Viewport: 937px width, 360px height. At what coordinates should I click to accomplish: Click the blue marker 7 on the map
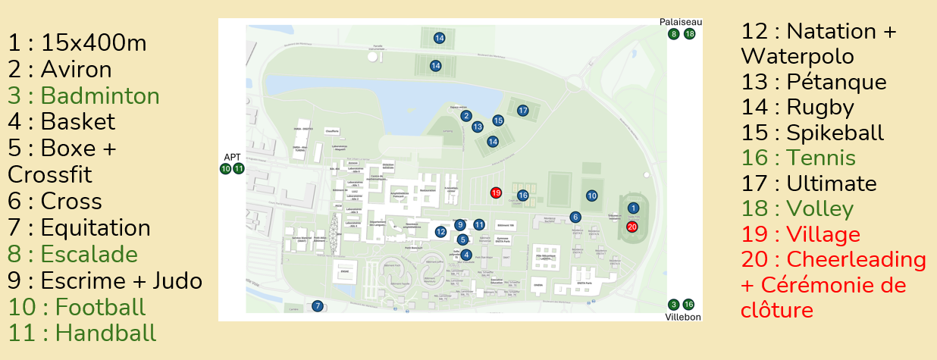(318, 306)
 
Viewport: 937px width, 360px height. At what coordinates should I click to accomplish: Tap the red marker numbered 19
(496, 193)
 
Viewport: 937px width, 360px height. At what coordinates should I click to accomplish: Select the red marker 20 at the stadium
(632, 226)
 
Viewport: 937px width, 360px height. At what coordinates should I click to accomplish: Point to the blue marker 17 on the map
(522, 111)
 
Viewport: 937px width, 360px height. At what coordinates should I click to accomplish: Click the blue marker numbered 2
(467, 116)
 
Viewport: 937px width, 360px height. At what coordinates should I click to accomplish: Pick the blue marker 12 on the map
(440, 231)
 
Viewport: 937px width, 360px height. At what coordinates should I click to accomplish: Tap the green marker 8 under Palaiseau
(673, 34)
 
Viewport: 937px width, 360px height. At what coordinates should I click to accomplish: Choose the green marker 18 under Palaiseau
(689, 34)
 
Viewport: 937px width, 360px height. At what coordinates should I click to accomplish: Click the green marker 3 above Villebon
(674, 304)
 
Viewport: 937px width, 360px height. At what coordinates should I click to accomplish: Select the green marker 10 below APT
(225, 168)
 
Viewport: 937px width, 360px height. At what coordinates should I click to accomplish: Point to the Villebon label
(683, 316)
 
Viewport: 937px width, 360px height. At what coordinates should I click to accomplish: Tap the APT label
(231, 157)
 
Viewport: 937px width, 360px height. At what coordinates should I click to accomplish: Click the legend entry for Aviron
(60, 70)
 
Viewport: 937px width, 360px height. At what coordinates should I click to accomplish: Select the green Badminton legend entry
(84, 96)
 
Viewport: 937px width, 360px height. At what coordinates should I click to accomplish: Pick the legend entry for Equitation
(80, 228)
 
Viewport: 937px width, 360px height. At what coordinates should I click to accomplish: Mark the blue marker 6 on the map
(575, 218)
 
